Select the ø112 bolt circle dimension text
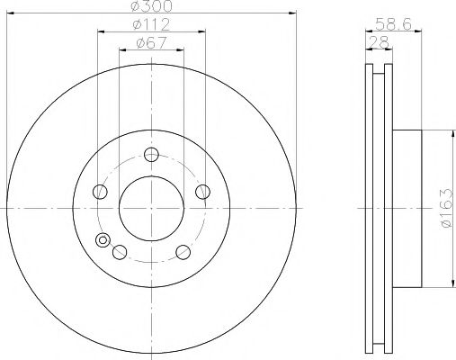pyautogui.click(x=150, y=23)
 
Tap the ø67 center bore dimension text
pyautogui.click(x=150, y=41)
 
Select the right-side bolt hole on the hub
pyautogui.click(x=202, y=190)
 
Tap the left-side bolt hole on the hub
pyautogui.click(x=98, y=190)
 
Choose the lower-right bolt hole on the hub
pyautogui.click(x=183, y=251)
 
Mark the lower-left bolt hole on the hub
pyautogui.click(x=118, y=251)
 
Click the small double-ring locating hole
pyautogui.click(x=103, y=240)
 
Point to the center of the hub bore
pyautogui.click(x=150, y=208)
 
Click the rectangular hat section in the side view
pyautogui.click(x=406, y=209)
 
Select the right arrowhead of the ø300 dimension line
pyautogui.click(x=294, y=13)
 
